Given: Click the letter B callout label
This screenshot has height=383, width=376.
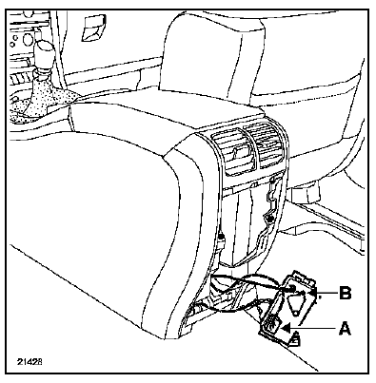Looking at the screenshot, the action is coord(346,293).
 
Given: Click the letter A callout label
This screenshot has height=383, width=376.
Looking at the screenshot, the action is coord(345,328).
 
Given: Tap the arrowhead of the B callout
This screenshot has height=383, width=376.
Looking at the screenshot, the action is coord(313,293).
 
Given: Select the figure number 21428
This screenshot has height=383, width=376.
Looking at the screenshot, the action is coord(30,362).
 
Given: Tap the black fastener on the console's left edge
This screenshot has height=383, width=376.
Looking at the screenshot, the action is coord(221,237).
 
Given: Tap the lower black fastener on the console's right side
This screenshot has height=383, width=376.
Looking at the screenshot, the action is coord(270,218).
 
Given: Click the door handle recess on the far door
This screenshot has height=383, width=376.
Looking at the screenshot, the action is coord(93,28).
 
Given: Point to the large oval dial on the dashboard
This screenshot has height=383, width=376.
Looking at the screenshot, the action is coord(26,39).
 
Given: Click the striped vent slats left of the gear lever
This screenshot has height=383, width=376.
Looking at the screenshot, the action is coord(20,78).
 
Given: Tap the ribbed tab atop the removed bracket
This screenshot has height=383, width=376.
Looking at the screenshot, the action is coord(302,277).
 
